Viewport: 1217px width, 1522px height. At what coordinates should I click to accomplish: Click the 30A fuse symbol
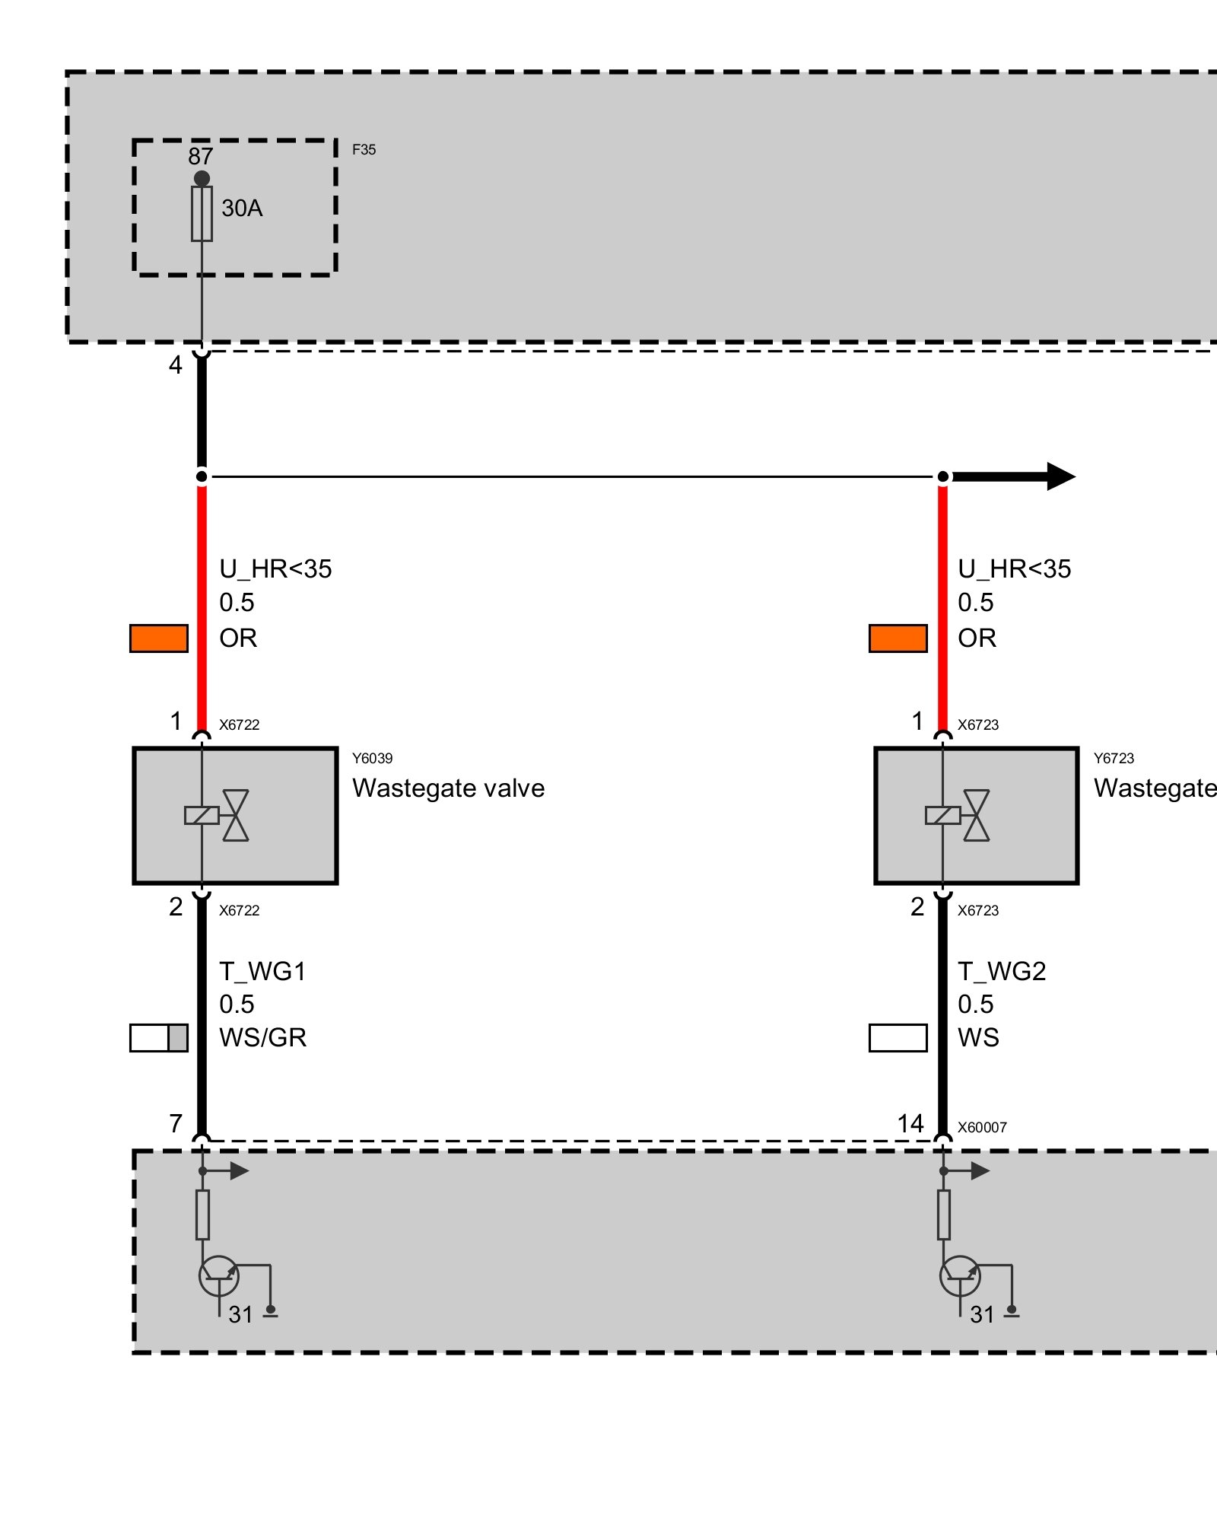click(202, 214)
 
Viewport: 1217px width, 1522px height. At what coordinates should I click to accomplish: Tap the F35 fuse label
click(364, 150)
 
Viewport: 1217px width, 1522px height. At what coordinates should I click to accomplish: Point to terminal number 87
click(200, 157)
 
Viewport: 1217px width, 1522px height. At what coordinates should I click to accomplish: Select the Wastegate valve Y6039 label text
click(448, 788)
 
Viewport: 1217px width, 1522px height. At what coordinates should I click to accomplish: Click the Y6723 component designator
click(1114, 758)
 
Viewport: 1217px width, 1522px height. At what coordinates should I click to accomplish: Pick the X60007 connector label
click(982, 1127)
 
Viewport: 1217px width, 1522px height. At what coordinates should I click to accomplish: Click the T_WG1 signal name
click(262, 971)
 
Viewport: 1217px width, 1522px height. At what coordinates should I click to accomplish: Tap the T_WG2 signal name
click(1002, 971)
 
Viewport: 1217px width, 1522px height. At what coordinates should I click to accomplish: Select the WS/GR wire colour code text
click(262, 1037)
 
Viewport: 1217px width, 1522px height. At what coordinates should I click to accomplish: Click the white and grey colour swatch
click(159, 1038)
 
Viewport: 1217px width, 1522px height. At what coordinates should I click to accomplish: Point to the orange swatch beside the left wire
click(159, 638)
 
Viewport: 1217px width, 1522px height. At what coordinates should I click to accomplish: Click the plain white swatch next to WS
click(898, 1038)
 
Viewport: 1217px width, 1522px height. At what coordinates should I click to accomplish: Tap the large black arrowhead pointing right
click(1060, 476)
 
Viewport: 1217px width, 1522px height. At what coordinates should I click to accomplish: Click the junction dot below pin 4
click(202, 476)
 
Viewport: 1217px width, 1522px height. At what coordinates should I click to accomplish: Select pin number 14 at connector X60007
click(910, 1123)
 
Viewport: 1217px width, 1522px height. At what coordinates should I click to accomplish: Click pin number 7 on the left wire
click(176, 1123)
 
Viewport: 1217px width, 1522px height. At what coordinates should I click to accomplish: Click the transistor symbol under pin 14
click(960, 1276)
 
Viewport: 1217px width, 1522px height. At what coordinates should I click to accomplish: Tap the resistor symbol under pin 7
click(202, 1215)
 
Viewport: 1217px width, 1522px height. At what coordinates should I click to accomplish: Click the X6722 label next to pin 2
click(239, 910)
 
